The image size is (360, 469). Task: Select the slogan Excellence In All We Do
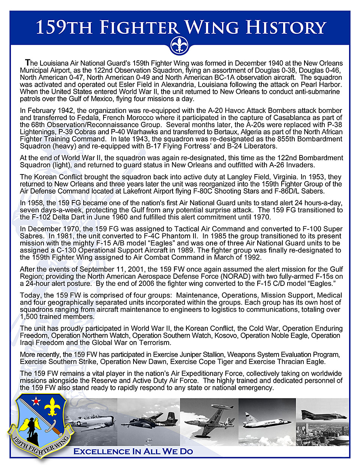(x=133, y=451)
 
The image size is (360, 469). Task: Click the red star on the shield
(x=36, y=401)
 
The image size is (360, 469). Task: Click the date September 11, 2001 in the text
(x=111, y=269)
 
